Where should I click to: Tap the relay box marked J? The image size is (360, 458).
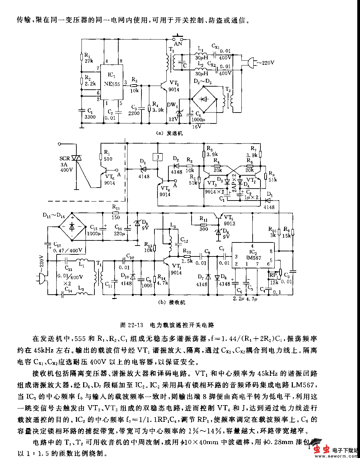(x=157, y=157)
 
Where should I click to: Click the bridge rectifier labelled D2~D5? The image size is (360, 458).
(x=204, y=99)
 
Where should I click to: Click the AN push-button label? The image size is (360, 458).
(x=178, y=44)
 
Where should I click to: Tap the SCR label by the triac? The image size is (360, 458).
(x=64, y=159)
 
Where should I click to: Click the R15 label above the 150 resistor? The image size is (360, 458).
(x=116, y=207)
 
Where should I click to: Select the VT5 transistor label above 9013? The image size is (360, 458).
(x=228, y=217)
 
